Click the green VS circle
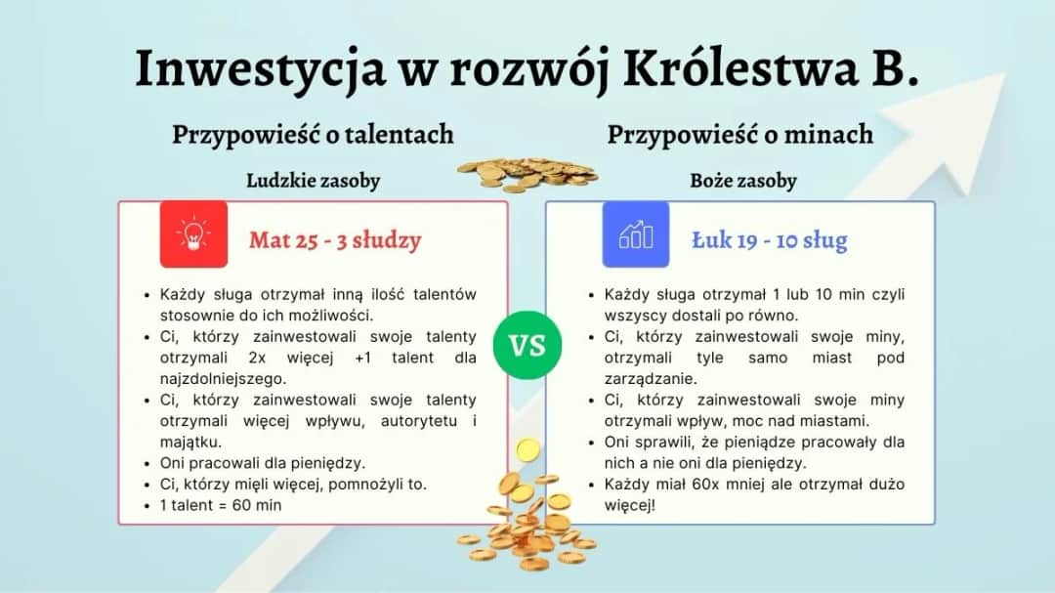coord(527,346)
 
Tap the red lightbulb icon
coord(193,234)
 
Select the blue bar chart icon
coord(636,234)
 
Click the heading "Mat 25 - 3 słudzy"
coord(335,239)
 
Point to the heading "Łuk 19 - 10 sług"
coord(770,239)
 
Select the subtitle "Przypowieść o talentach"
coord(313,134)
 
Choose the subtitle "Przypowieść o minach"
coord(740,134)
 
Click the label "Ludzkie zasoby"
coord(313,181)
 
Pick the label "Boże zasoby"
coord(742,181)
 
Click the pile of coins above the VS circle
coord(527,172)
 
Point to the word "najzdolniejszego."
coord(220,378)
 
